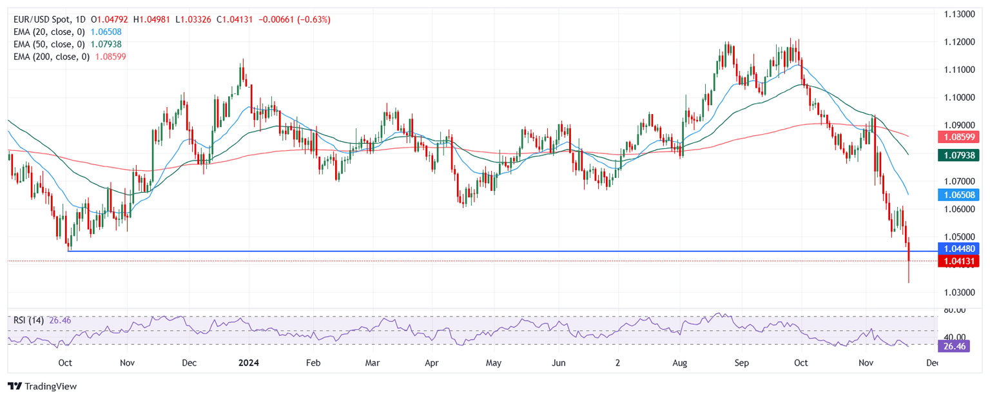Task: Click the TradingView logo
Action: point(42,386)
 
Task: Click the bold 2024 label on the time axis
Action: point(248,363)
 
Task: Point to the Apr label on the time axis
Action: point(431,363)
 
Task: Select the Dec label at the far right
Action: point(931,363)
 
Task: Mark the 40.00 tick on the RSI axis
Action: point(954,336)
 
